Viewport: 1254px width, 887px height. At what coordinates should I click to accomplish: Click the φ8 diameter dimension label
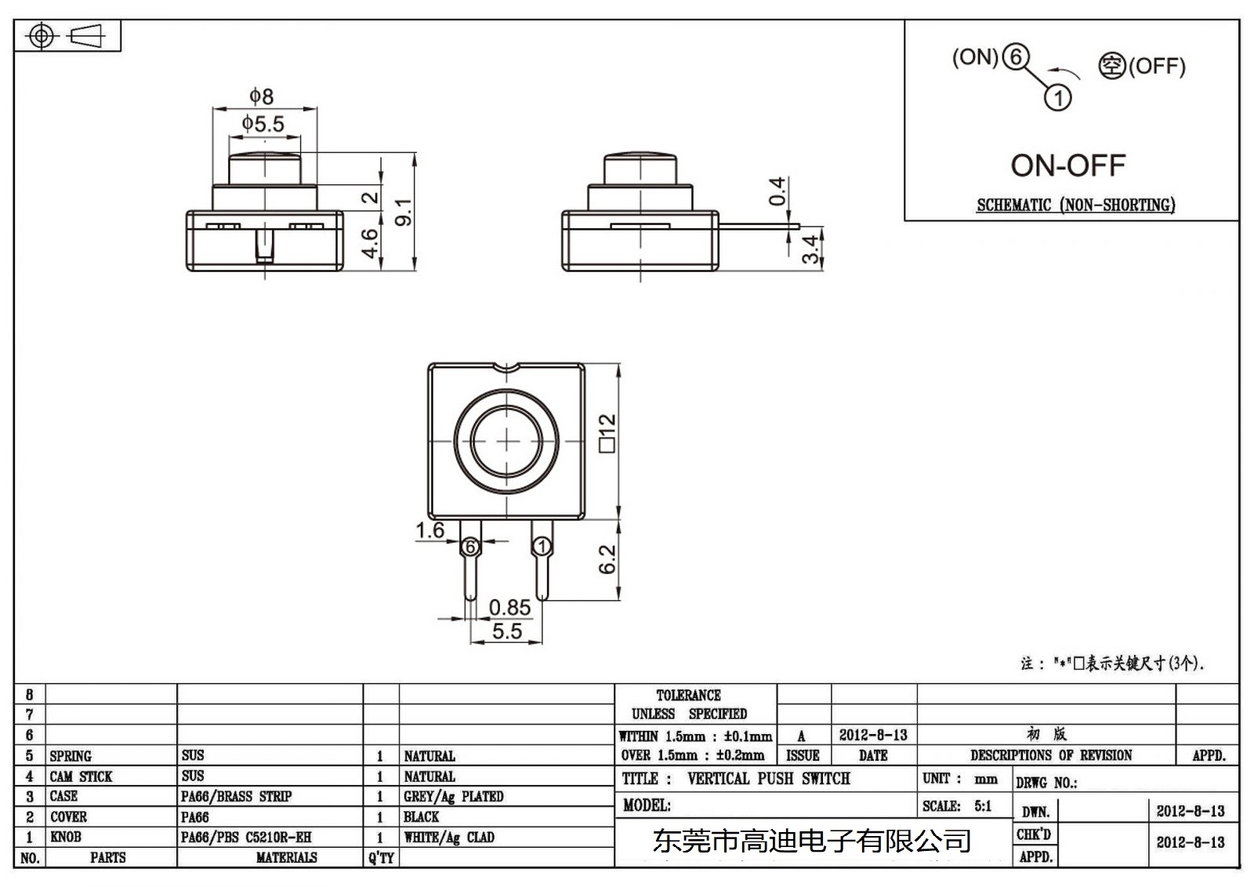pos(262,96)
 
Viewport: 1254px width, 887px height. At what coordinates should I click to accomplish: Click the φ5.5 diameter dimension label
pos(263,124)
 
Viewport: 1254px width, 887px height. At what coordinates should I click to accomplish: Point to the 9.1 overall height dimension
pos(403,213)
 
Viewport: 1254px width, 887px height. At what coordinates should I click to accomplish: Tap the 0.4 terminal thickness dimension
pos(776,191)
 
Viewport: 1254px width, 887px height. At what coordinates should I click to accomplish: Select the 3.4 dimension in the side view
pos(812,249)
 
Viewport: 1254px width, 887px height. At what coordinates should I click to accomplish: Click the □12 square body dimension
pos(607,432)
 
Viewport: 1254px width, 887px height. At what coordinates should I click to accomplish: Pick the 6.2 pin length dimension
pos(607,559)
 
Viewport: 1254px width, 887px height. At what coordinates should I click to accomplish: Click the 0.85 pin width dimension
pos(509,608)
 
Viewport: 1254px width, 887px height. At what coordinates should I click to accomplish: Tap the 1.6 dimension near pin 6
pos(429,531)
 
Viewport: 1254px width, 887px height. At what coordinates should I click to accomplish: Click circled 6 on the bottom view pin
pos(470,547)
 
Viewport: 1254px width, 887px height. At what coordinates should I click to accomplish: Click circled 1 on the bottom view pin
pos(542,547)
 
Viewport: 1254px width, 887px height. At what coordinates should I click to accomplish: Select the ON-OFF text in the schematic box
pos(1067,165)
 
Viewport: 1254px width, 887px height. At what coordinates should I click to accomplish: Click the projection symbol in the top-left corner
pos(67,36)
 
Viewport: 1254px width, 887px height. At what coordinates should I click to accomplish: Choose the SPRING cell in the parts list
pos(71,756)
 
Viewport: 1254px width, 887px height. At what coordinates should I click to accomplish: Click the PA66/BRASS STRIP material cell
pos(236,797)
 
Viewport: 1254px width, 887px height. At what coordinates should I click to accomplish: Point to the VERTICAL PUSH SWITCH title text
pos(768,779)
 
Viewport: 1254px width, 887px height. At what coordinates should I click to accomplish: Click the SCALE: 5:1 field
pos(957,806)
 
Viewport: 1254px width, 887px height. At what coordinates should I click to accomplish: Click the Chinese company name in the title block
pos(811,842)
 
